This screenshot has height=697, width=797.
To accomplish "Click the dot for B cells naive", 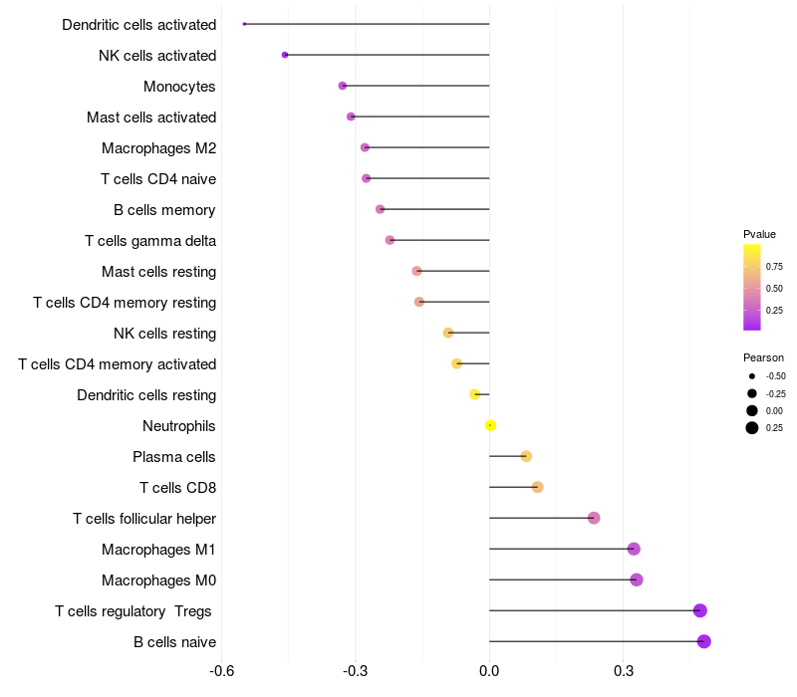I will (704, 641).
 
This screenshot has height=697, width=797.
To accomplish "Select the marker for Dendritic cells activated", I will (244, 24).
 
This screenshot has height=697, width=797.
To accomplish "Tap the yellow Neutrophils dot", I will (490, 425).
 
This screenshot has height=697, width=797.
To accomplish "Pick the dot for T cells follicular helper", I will (594, 518).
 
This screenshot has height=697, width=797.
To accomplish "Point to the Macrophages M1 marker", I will (634, 549).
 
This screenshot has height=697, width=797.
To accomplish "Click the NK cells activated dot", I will (285, 55).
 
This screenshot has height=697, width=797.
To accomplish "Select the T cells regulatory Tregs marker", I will (700, 610).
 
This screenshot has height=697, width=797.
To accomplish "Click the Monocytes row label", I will (179, 87).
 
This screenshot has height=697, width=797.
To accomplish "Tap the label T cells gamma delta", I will (150, 241).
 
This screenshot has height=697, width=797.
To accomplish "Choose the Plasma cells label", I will (174, 457).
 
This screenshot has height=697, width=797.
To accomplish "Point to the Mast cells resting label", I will (158, 272).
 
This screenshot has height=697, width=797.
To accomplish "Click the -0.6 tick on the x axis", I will (222, 672).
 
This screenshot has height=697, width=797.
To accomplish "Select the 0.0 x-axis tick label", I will (489, 672).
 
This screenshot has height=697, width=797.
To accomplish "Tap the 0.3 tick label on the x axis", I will (624, 672).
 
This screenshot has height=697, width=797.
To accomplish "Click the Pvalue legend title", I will (759, 234).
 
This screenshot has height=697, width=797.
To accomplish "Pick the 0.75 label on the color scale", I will (774, 266).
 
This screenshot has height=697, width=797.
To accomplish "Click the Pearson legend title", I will (763, 357).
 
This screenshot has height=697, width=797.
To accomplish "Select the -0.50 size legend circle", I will (752, 376).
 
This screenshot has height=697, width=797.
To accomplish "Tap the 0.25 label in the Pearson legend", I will (774, 428).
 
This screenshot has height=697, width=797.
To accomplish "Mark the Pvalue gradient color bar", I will (752, 287).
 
